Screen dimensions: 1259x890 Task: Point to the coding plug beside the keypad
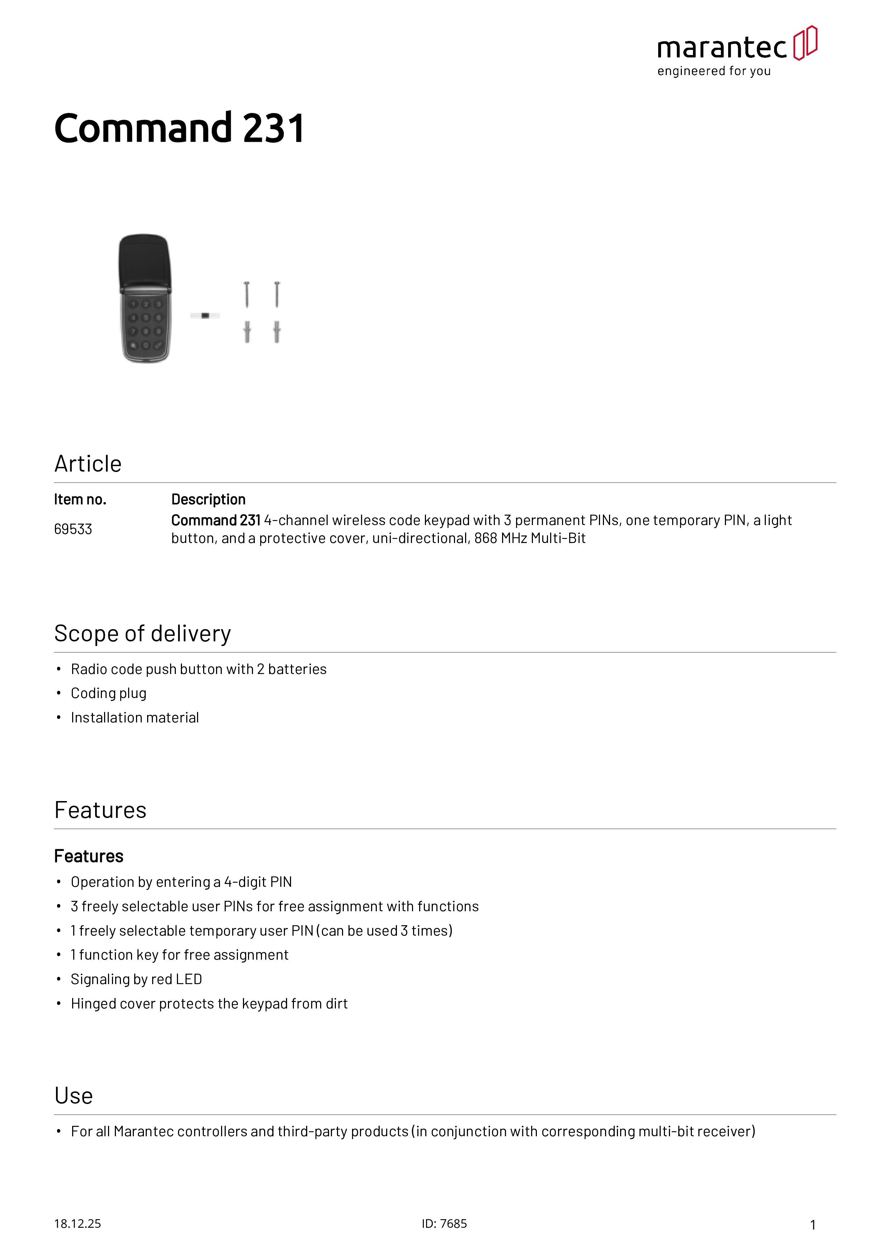tap(205, 316)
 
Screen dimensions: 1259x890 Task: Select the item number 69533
tap(73, 529)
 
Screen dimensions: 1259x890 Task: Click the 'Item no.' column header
tap(80, 500)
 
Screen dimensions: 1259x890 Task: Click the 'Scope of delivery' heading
tap(142, 634)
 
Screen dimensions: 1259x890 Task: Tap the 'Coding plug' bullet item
tap(109, 694)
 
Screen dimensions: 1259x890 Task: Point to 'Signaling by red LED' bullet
tap(136, 979)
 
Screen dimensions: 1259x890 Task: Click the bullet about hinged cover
tap(209, 1003)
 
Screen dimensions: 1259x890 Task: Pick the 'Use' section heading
tap(74, 1096)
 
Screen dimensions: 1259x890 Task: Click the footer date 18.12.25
tap(77, 1223)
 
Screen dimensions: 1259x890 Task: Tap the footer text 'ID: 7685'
tap(444, 1223)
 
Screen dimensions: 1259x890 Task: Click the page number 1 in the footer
tap(813, 1225)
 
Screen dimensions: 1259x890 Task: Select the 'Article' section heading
tap(88, 464)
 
